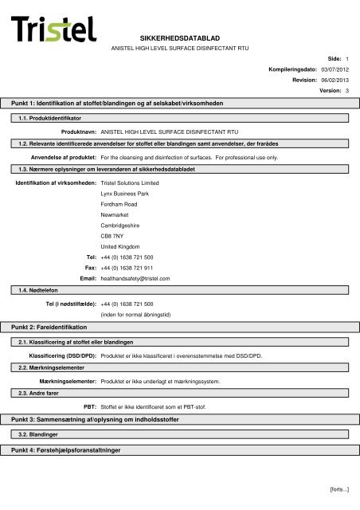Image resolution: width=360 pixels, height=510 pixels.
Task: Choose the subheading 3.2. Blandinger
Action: pos(38,435)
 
